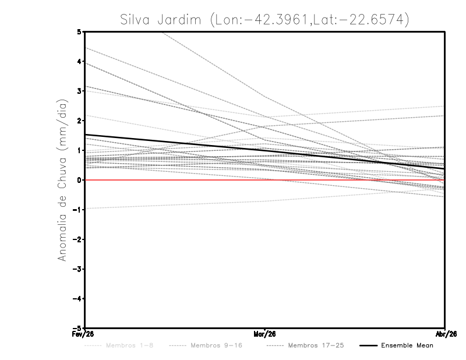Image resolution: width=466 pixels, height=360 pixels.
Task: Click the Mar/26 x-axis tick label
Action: pos(265,334)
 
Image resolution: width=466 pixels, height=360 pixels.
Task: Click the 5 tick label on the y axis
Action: pos(79,31)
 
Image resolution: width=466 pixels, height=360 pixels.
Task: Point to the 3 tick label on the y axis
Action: pos(79,91)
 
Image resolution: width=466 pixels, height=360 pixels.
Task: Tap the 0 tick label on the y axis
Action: pos(79,180)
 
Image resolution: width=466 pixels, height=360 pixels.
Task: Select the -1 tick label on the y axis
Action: pos(77,210)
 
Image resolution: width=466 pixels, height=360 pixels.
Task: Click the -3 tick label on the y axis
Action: pos(77,269)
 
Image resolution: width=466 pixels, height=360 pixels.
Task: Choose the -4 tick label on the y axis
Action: pos(77,299)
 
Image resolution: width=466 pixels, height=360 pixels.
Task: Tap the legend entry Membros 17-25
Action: pos(316,345)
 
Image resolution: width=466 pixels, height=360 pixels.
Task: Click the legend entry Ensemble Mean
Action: pos(407,345)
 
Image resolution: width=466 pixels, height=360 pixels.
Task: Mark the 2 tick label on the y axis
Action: pos(79,121)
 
